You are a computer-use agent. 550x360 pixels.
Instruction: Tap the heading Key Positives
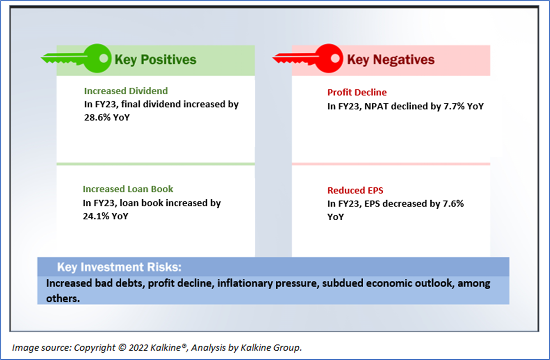(156, 60)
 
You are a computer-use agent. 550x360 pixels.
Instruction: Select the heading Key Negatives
(391, 60)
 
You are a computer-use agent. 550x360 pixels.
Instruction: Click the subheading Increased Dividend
(126, 91)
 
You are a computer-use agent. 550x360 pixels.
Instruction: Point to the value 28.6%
(97, 117)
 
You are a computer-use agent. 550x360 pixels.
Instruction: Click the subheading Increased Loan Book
(128, 189)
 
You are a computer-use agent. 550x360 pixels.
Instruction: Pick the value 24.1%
(96, 216)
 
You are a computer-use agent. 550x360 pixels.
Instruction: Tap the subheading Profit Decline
(357, 93)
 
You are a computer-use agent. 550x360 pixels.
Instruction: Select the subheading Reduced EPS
(355, 190)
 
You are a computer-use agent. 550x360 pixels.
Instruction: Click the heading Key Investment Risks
(119, 267)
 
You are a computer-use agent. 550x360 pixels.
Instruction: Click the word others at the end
(63, 299)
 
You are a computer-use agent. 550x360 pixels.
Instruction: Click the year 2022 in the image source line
(138, 348)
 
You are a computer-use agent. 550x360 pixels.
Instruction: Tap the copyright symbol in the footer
(122, 348)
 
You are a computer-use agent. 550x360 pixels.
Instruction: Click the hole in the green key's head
(104, 58)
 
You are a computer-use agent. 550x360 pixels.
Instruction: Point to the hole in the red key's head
(335, 58)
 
